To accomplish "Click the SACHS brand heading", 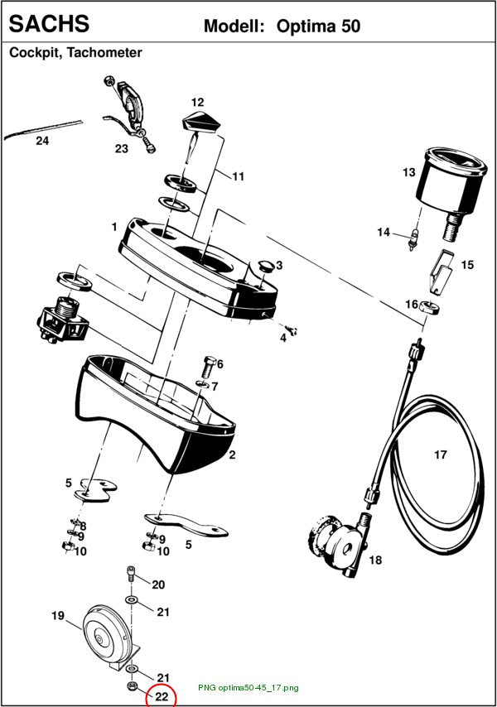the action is coord(49,23).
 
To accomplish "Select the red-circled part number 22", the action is coord(161,696).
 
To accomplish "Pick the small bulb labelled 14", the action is coord(412,239).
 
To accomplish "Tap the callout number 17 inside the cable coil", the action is coord(441,454).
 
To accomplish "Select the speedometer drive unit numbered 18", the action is coord(338,544).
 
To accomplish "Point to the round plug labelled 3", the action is coord(266,265).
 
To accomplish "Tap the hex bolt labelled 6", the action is coord(209,368).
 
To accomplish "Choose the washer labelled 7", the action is coord(202,385).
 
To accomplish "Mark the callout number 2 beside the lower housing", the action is coord(232,454).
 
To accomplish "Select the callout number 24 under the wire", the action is coord(42,141).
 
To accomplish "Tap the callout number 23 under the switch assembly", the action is coord(121,149).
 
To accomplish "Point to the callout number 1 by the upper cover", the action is coord(114,227).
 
